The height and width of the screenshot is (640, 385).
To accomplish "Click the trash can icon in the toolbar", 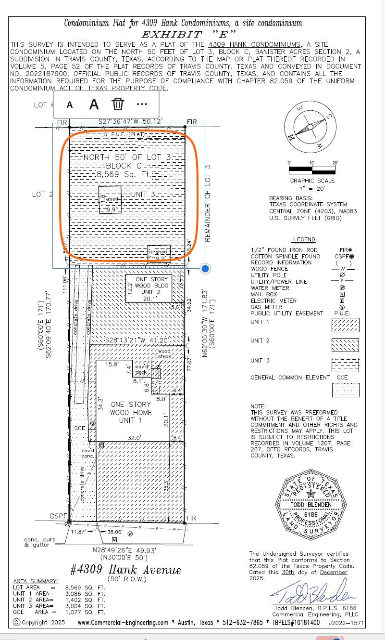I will pos(118,104).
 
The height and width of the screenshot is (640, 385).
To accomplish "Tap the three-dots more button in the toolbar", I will pos(142,104).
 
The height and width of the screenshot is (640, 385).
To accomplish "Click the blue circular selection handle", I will pos(205,269).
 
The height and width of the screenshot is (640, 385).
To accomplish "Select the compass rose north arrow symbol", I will pos(310,127).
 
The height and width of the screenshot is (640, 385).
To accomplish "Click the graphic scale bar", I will pos(311,170).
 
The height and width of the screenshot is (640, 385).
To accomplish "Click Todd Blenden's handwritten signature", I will pos(315,592).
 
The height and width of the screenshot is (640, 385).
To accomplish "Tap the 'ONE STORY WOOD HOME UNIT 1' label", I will pos(131,412).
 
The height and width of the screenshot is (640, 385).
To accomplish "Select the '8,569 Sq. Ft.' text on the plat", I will pos(124,174).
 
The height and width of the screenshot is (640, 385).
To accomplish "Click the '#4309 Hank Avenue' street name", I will pos(125,570).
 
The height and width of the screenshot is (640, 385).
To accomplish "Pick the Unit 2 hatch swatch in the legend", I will pos(345,345).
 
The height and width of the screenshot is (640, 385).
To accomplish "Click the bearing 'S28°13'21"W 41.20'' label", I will pos(131,340).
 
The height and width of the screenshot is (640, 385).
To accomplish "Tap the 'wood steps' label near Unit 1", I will pos(164,354).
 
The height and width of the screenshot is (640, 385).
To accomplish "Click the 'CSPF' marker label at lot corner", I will pos(58,516).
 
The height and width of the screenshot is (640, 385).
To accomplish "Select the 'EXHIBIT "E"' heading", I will pos(188,34).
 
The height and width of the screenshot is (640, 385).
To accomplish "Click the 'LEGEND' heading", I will pos(304,239).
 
